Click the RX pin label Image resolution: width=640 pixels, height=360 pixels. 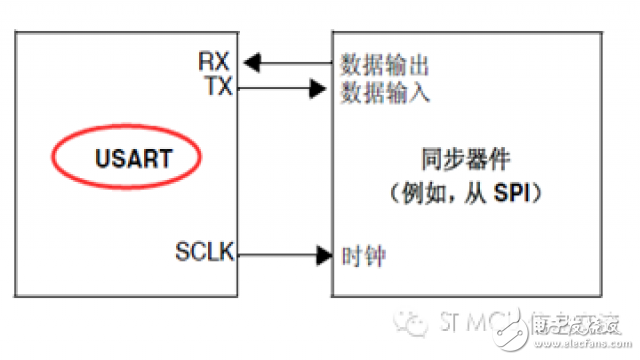pyautogui.click(x=215, y=64)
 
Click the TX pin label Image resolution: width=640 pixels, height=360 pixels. pyautogui.click(x=217, y=87)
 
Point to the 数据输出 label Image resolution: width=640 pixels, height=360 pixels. pyautogui.click(x=385, y=68)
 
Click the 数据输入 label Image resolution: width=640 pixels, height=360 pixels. pyautogui.click(x=385, y=92)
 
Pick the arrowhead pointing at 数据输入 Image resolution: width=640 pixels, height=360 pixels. pyautogui.click(x=325, y=88)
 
